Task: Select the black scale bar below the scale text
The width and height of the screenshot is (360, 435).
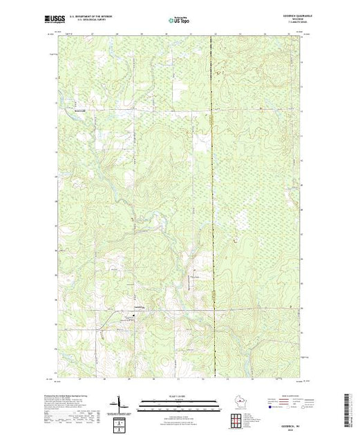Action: (178, 400)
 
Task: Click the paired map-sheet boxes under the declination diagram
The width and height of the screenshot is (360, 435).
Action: (122, 420)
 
